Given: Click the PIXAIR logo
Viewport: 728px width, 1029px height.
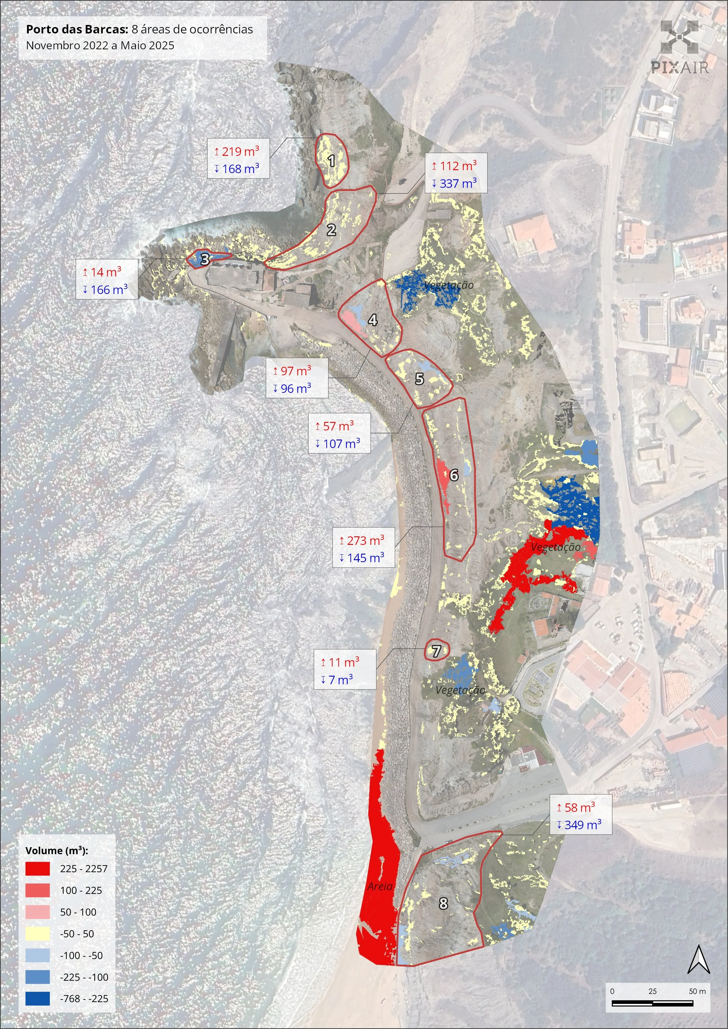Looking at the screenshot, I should pyautogui.click(x=680, y=47).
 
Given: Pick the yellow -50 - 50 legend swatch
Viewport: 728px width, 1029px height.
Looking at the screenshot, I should pyautogui.click(x=37, y=934).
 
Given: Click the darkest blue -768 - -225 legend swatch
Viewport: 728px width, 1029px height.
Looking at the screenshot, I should pyautogui.click(x=37, y=998).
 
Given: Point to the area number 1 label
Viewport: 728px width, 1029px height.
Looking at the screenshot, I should pyautogui.click(x=331, y=160).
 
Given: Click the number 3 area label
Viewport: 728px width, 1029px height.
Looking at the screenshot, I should pyautogui.click(x=205, y=259).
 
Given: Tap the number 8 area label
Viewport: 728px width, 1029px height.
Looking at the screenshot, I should pyautogui.click(x=443, y=903).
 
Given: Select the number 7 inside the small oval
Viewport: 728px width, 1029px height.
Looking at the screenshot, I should pyautogui.click(x=436, y=651).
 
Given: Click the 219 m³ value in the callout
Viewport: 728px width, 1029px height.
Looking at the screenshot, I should pyautogui.click(x=240, y=151).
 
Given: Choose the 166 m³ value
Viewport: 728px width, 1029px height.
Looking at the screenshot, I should pyautogui.click(x=109, y=290).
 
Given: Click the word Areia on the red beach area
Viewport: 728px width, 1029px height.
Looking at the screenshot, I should pyautogui.click(x=380, y=886).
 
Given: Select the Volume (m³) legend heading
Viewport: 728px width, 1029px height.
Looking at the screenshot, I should pyautogui.click(x=56, y=851).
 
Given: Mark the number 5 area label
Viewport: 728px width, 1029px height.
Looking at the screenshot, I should pyautogui.click(x=419, y=379).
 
